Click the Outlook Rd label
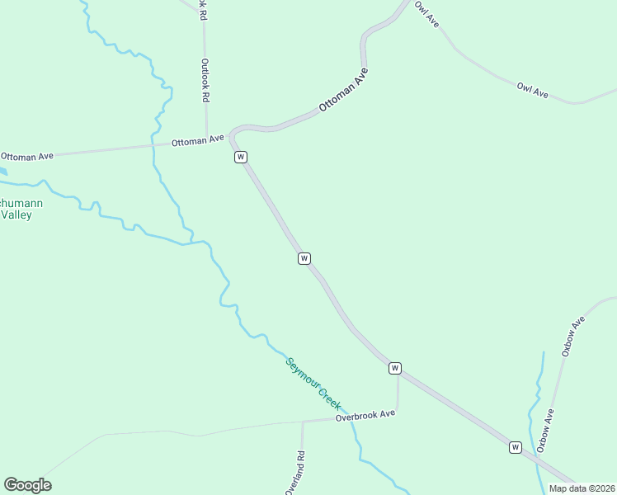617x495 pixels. point(204,79)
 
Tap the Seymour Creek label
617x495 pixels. point(313,384)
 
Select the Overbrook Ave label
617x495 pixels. point(365,416)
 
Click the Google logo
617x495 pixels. point(27,485)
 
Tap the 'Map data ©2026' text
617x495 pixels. point(582,488)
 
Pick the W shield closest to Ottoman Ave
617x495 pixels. point(240,157)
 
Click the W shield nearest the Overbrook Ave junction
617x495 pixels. point(395,368)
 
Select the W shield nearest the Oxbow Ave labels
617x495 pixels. point(516,447)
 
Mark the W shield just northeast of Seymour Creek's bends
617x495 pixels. point(304,258)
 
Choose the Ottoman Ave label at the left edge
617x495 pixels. point(27,155)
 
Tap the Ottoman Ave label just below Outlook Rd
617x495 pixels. point(198,141)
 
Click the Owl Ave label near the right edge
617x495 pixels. point(533,91)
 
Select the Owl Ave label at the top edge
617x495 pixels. point(426,14)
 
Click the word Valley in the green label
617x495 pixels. point(16,214)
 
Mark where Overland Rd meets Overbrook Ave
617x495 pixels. point(302,422)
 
